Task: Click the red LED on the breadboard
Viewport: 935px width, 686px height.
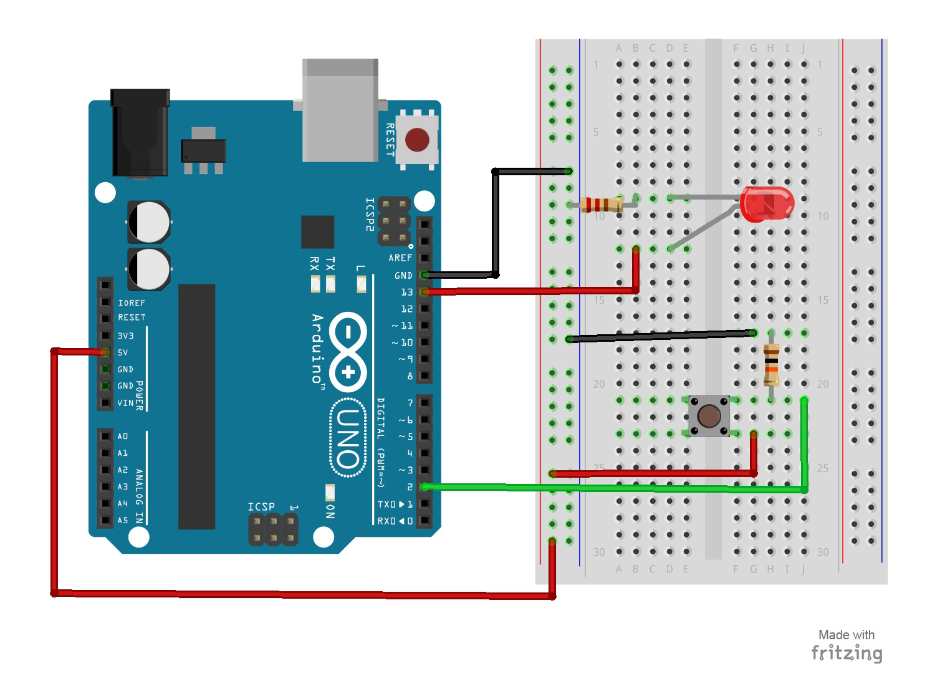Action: pyautogui.click(x=767, y=204)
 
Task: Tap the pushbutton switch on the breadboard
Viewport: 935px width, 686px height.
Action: pyautogui.click(x=709, y=416)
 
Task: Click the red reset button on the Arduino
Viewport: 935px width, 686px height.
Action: pyautogui.click(x=417, y=140)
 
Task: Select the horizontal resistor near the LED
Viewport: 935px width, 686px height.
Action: pyautogui.click(x=602, y=205)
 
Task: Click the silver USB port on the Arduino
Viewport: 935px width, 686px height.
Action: pyautogui.click(x=340, y=110)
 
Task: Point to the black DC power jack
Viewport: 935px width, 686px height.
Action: pyautogui.click(x=140, y=133)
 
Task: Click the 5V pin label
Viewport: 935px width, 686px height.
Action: pyautogui.click(x=123, y=352)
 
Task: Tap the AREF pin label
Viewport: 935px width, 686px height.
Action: pyautogui.click(x=400, y=258)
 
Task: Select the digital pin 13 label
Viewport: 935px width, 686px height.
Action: pyautogui.click(x=406, y=292)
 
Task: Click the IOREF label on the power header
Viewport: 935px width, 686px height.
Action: pyautogui.click(x=132, y=303)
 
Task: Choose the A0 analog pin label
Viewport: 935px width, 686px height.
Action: pyautogui.click(x=123, y=436)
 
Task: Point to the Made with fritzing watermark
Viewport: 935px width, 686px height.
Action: pyautogui.click(x=846, y=645)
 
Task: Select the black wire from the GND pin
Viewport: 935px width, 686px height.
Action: pyautogui.click(x=496, y=225)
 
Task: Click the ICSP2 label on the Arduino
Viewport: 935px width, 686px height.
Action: pyautogui.click(x=370, y=215)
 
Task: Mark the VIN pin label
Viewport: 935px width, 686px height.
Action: pyautogui.click(x=125, y=403)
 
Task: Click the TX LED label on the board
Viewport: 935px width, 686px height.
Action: pyautogui.click(x=330, y=263)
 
